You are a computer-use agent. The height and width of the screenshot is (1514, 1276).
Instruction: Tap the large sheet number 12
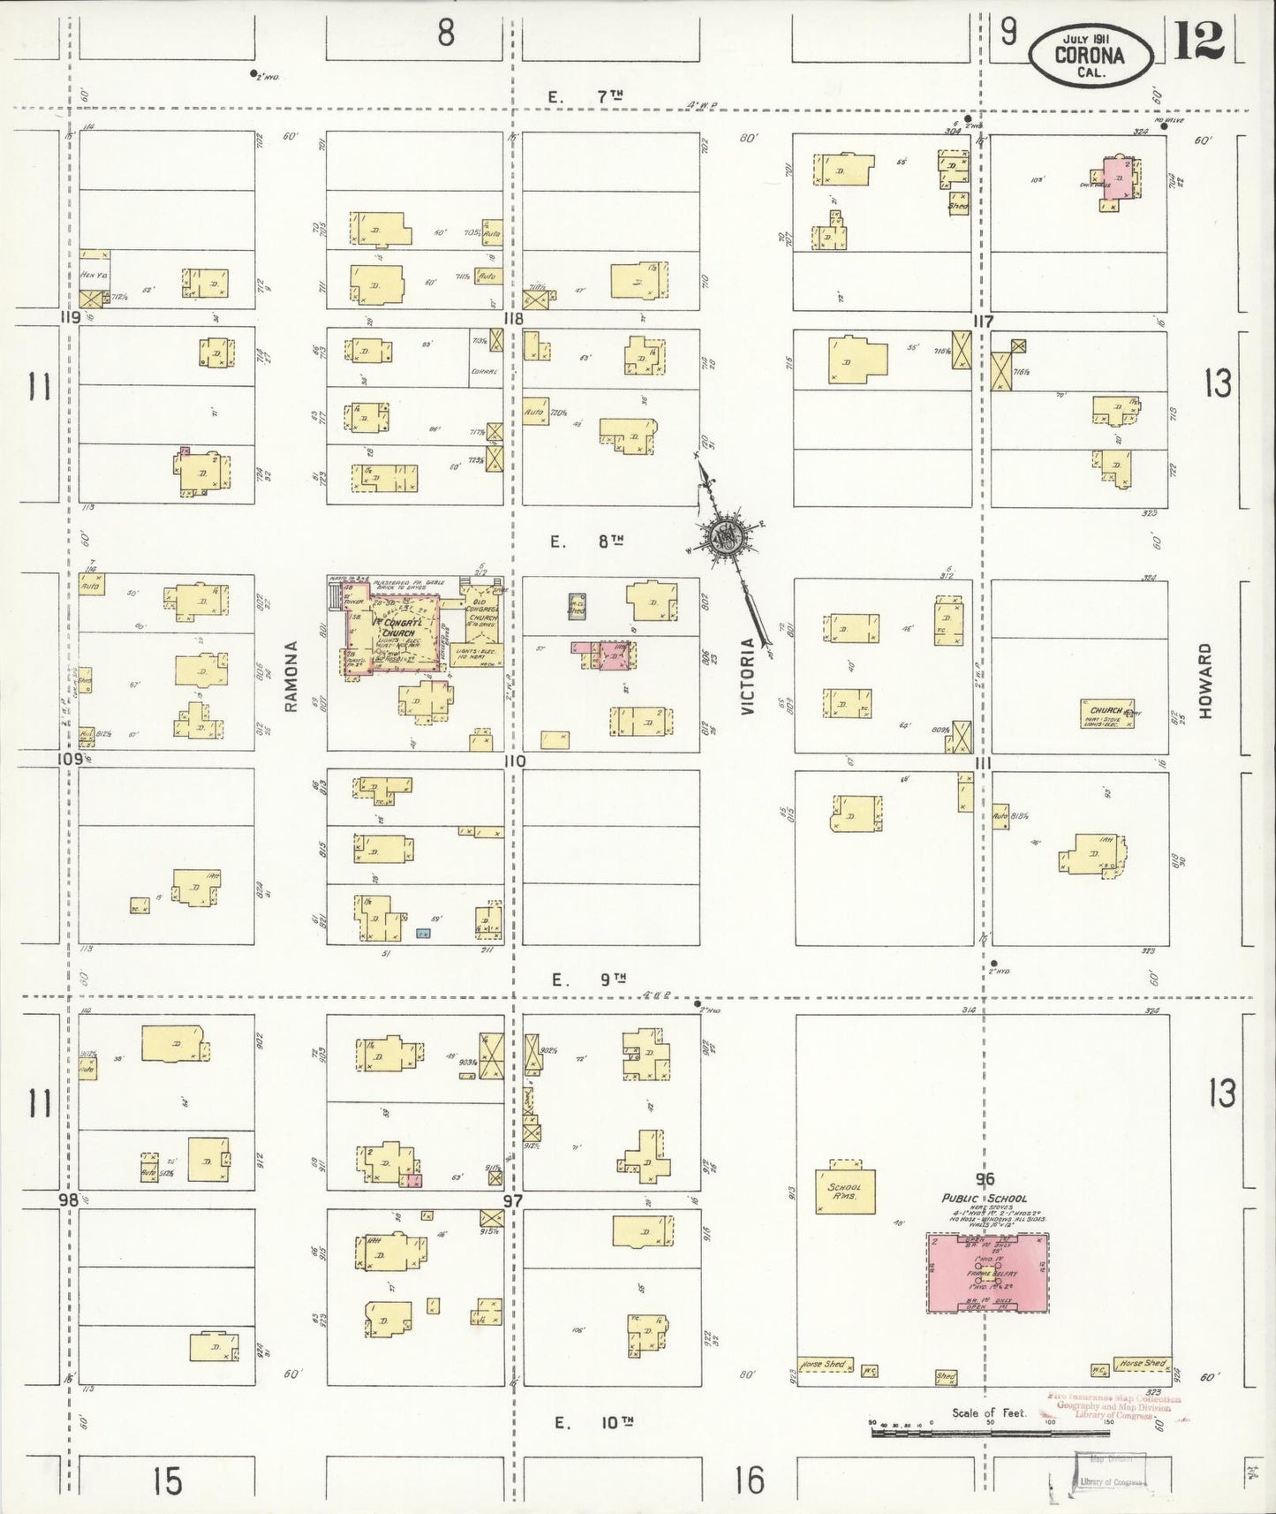pyautogui.click(x=1199, y=41)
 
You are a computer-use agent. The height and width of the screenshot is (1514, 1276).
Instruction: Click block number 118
pyautogui.click(x=512, y=319)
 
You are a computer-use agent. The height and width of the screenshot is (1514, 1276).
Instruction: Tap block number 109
pyautogui.click(x=70, y=759)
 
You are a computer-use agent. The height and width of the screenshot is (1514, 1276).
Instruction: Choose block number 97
pyautogui.click(x=512, y=1201)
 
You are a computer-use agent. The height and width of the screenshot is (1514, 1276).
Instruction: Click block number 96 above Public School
pyautogui.click(x=985, y=1179)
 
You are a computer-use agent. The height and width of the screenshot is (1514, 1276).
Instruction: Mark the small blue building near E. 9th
pyautogui.click(x=423, y=933)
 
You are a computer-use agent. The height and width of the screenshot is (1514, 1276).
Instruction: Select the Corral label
pyautogui.click(x=485, y=372)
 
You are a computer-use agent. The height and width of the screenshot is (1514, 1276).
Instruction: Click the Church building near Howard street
pyautogui.click(x=1106, y=714)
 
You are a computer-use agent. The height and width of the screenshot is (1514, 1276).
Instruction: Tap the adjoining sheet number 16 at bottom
pyautogui.click(x=749, y=1481)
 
